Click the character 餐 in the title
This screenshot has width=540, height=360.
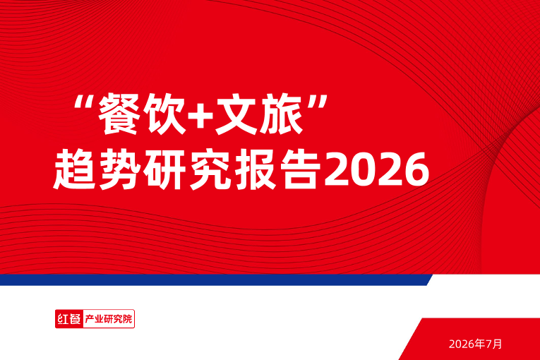(119, 114)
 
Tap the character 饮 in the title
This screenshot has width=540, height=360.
(166, 114)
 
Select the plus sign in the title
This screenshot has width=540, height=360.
(201, 115)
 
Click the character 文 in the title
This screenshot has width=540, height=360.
(236, 114)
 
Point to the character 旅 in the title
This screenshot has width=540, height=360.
(282, 114)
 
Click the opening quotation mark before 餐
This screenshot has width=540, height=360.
(84, 102)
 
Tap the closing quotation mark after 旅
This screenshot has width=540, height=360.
(317, 102)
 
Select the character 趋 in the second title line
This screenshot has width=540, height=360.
(74, 169)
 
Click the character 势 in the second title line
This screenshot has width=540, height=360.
(120, 169)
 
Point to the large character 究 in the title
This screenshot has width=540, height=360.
(211, 169)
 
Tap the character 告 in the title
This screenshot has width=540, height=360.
(301, 169)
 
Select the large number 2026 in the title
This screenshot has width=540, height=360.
(377, 170)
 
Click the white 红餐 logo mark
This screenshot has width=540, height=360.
(69, 319)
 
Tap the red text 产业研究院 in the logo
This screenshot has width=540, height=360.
(109, 319)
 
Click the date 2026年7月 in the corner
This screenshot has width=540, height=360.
(475, 344)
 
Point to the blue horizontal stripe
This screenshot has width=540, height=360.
(216, 280)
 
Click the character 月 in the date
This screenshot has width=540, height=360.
(498, 344)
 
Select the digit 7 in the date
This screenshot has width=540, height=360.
(488, 344)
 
